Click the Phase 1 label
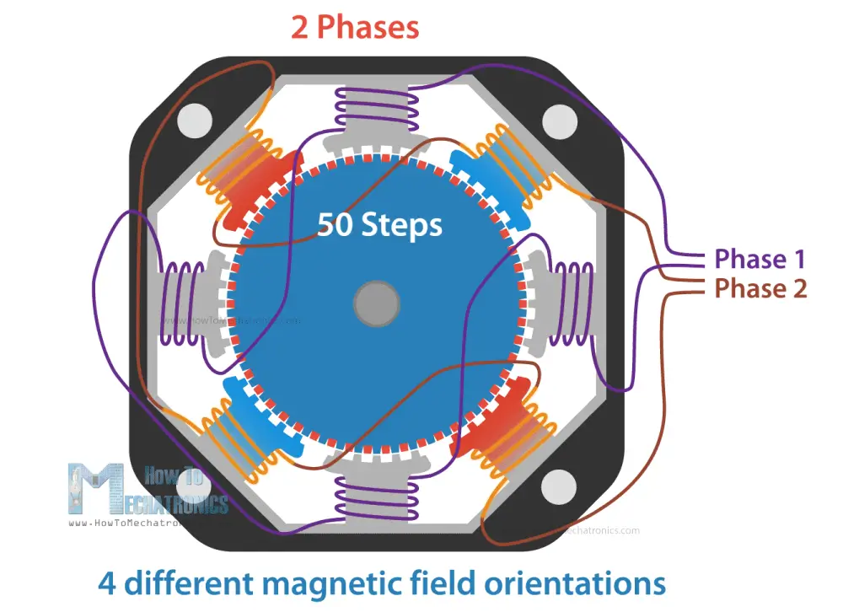(x=760, y=259)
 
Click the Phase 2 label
(x=760, y=289)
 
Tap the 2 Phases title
(x=355, y=27)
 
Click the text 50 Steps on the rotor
(x=379, y=225)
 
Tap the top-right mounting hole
(x=558, y=123)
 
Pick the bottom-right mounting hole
(x=558, y=487)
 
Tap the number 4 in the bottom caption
(x=107, y=583)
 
